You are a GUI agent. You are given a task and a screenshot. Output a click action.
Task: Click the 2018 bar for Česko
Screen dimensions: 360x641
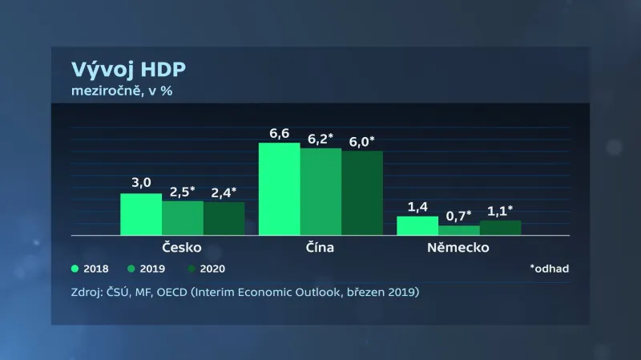(x=141, y=214)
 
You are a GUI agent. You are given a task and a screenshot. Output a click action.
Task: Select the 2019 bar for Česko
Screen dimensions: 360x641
(x=183, y=218)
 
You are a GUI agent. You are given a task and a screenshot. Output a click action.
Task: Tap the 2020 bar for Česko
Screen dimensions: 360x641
(x=224, y=219)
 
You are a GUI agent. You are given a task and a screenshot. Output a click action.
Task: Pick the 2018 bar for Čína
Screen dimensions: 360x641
(x=280, y=188)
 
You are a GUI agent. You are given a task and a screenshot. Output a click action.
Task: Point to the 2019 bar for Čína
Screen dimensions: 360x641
(x=321, y=192)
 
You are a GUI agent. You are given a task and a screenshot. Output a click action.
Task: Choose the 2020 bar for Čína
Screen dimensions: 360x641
(x=362, y=193)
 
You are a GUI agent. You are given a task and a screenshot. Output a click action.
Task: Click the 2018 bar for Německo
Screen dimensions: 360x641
(x=417, y=225)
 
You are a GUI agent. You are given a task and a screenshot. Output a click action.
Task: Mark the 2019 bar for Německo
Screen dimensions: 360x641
(x=459, y=231)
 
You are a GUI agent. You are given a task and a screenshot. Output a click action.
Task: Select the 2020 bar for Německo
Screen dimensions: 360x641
(x=501, y=228)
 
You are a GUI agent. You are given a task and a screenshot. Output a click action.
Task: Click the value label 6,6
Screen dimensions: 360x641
(x=280, y=133)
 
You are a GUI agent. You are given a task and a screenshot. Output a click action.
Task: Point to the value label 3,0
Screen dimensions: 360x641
(x=141, y=183)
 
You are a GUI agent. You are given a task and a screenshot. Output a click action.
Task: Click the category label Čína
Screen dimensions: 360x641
(x=320, y=247)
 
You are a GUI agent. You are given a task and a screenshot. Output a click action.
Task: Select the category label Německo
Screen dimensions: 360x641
(x=459, y=247)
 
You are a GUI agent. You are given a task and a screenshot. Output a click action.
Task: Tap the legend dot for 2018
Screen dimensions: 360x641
(x=76, y=269)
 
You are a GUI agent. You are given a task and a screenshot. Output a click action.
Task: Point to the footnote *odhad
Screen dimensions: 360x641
(x=549, y=269)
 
